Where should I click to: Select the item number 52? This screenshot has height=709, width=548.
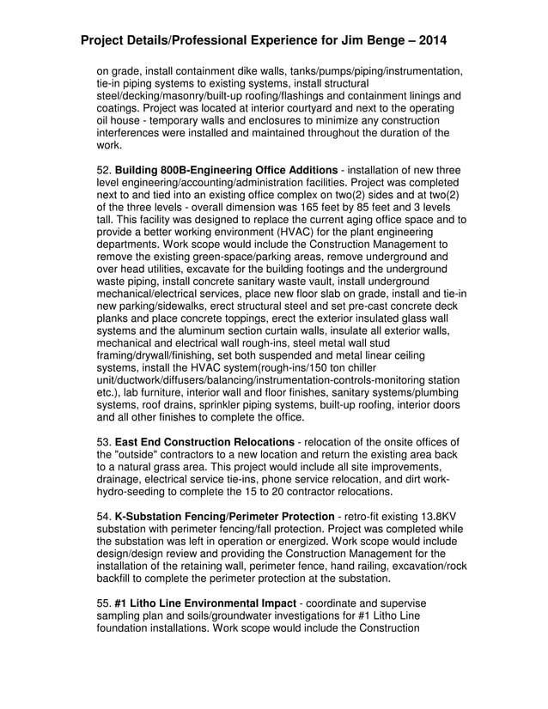pos(103,170)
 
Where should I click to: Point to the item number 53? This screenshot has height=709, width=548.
pos(103,441)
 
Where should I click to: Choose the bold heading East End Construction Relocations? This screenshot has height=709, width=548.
pos(204,441)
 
